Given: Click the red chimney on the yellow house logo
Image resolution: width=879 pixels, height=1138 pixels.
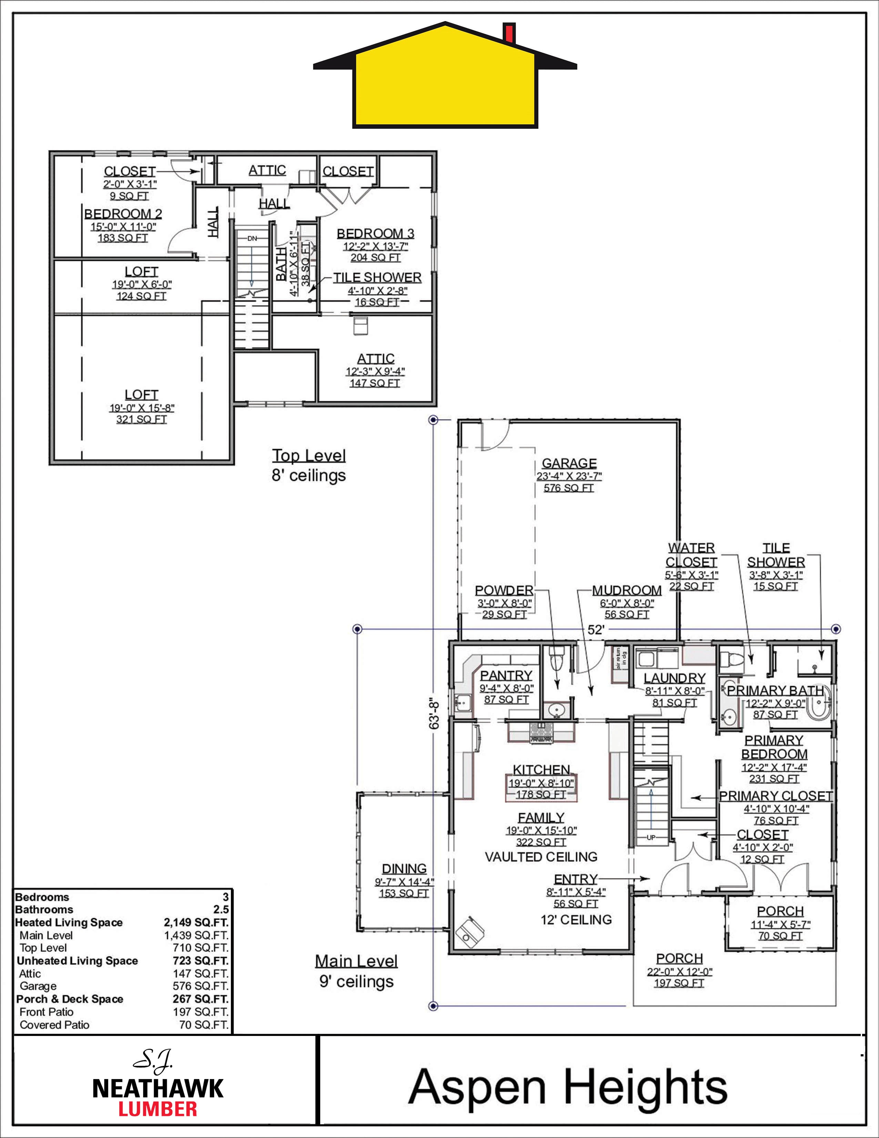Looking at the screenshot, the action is click(509, 33).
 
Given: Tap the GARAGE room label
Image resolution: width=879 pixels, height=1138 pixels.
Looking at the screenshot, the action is click(569, 463).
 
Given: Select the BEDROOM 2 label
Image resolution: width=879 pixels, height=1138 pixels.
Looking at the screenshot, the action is click(123, 214).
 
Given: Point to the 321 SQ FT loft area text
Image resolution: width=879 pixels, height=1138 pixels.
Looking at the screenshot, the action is click(142, 419).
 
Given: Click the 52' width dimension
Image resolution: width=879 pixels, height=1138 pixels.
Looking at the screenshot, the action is click(596, 629).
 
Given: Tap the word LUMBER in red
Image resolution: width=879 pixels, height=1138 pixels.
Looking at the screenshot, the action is click(158, 1108).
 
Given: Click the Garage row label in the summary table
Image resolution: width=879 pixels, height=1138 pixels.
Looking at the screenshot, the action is click(38, 986).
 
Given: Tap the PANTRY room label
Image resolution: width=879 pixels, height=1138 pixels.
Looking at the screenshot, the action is click(506, 675).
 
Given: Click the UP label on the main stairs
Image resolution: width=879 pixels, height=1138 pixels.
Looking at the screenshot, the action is click(651, 837).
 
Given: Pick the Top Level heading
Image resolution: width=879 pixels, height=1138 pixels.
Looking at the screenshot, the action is click(309, 456).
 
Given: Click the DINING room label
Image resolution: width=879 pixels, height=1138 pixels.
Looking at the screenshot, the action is click(404, 869).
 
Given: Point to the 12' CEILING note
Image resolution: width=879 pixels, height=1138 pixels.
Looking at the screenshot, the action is click(576, 920).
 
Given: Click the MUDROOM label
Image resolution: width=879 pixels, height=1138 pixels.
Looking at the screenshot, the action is click(627, 590).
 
